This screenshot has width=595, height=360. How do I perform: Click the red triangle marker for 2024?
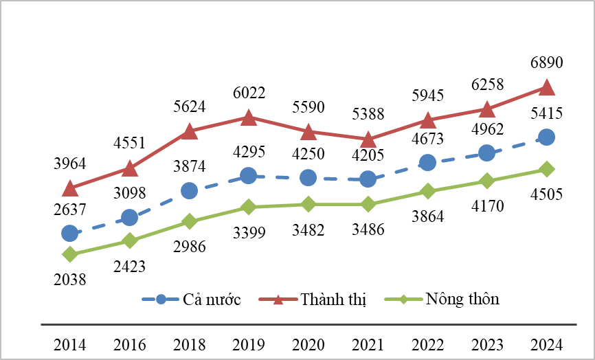coord(546,87)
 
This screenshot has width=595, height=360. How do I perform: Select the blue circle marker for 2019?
coord(249,176)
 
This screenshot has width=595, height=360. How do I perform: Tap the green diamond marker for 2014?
coord(69,254)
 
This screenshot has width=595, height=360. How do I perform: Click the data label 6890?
coord(546,63)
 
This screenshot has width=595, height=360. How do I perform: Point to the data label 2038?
coord(69,279)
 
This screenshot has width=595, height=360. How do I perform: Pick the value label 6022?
coord(249,93)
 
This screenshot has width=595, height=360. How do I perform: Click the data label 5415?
coord(546,113)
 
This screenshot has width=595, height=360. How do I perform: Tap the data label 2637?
coord(69,209)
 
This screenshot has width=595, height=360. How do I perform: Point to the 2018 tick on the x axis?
coord(189,344)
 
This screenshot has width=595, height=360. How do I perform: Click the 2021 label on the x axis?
coord(368,344)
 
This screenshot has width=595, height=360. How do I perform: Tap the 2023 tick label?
coord(486,344)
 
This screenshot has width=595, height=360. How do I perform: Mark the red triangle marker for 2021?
coord(368,139)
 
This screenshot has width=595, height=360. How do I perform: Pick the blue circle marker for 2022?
coord(427,162)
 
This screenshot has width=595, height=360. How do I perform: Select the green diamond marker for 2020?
coord(308,204)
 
